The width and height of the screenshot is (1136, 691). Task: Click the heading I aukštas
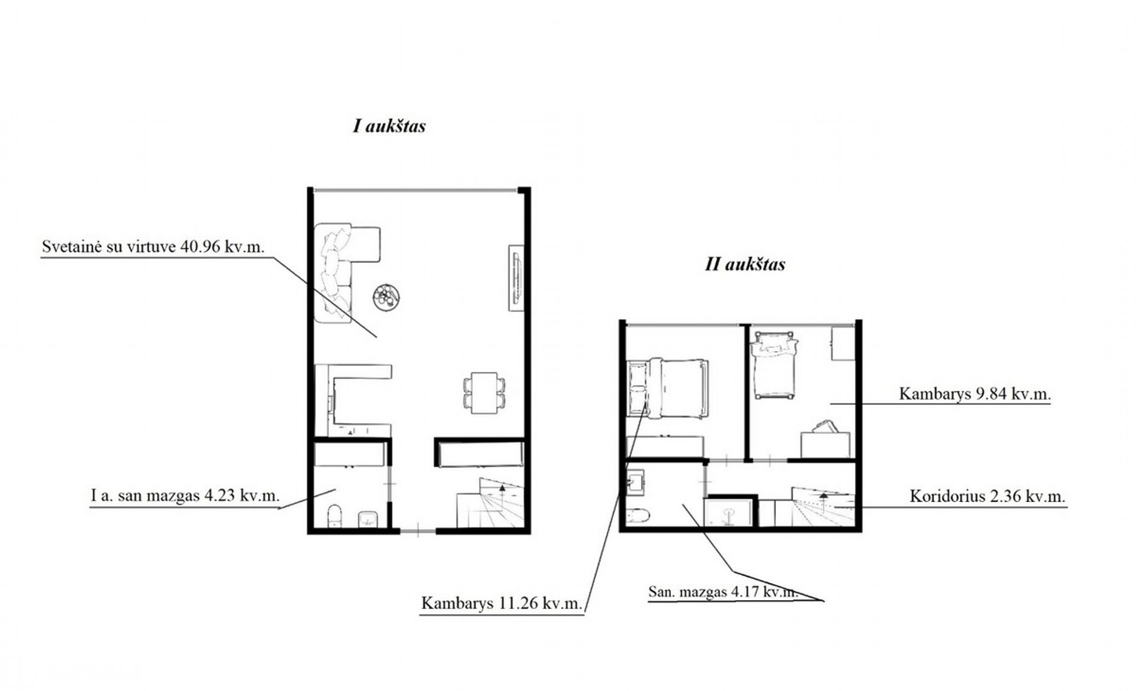pos(389,126)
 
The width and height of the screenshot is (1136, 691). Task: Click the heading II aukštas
pos(745,264)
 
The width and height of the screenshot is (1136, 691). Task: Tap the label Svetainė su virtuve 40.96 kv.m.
pos(153,247)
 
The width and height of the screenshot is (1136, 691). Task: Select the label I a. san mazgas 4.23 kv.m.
pos(185,496)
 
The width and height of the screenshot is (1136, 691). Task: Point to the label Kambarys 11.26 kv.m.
pos(502,603)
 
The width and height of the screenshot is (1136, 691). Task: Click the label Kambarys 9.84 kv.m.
pos(975,394)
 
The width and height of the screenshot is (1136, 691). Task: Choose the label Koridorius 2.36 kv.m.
pos(988,496)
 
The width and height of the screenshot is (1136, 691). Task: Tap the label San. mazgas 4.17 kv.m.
pos(723,592)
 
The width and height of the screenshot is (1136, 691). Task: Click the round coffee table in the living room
pos(386,296)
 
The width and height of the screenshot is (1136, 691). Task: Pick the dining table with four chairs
pos(484,392)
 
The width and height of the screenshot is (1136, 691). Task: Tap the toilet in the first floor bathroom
pos(335,516)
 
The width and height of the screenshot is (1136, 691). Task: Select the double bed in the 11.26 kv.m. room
pos(667,389)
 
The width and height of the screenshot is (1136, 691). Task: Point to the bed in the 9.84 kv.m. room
pos(775,365)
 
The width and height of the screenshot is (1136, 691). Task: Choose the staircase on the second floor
pos(823,507)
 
